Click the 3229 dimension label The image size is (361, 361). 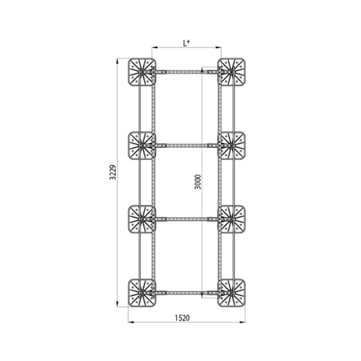tap(113, 173)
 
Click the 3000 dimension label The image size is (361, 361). tap(198, 182)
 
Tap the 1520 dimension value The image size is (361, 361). tap(182, 318)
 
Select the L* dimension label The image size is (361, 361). tap(186, 43)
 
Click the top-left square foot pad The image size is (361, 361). tap(142, 72)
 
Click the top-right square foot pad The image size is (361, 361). tap(231, 72)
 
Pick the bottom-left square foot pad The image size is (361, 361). tap(142, 293)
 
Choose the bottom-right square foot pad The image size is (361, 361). tap(231, 293)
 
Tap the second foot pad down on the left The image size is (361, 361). tap(142, 146)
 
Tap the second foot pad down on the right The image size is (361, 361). tap(231, 146)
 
